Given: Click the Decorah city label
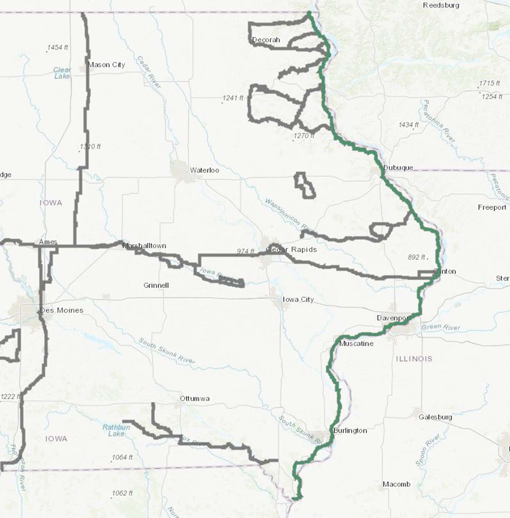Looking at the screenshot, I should point(266,40).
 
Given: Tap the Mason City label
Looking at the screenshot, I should point(106,65).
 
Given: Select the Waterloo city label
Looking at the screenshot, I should point(204,170).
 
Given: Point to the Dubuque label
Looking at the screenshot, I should point(398,168).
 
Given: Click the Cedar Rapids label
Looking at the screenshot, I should point(291,250).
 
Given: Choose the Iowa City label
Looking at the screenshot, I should point(298,299).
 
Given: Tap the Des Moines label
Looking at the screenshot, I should point(61,310).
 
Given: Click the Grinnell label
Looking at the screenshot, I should point(156,285).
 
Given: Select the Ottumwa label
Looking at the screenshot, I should point(195,399).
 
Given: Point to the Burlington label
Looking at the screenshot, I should point(350,431).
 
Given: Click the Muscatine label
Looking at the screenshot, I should point(356,344).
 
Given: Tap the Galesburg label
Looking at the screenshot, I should point(435,417).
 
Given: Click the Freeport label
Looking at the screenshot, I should point(492,207).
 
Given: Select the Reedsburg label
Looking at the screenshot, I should point(441,5).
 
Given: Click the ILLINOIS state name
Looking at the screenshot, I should point(414,359).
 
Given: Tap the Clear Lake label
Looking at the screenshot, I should point(62,73).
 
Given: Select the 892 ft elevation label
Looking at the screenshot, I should point(416,257).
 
